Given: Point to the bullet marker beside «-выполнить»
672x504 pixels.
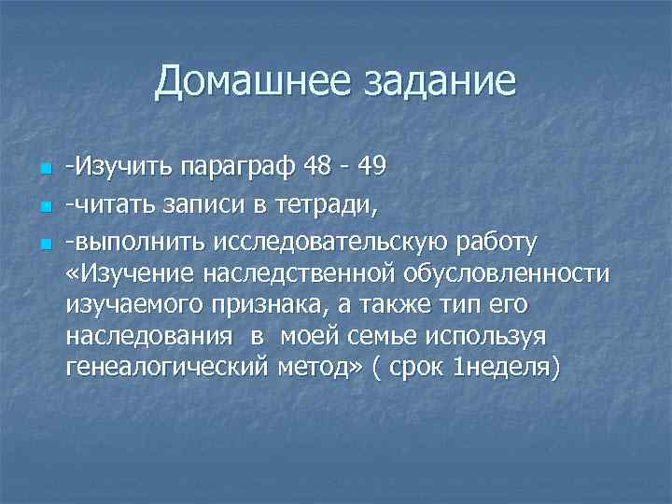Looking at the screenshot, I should point(43,245).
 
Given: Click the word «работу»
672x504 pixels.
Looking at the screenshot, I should point(499,243).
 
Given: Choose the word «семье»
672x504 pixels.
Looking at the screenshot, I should point(394,337).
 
